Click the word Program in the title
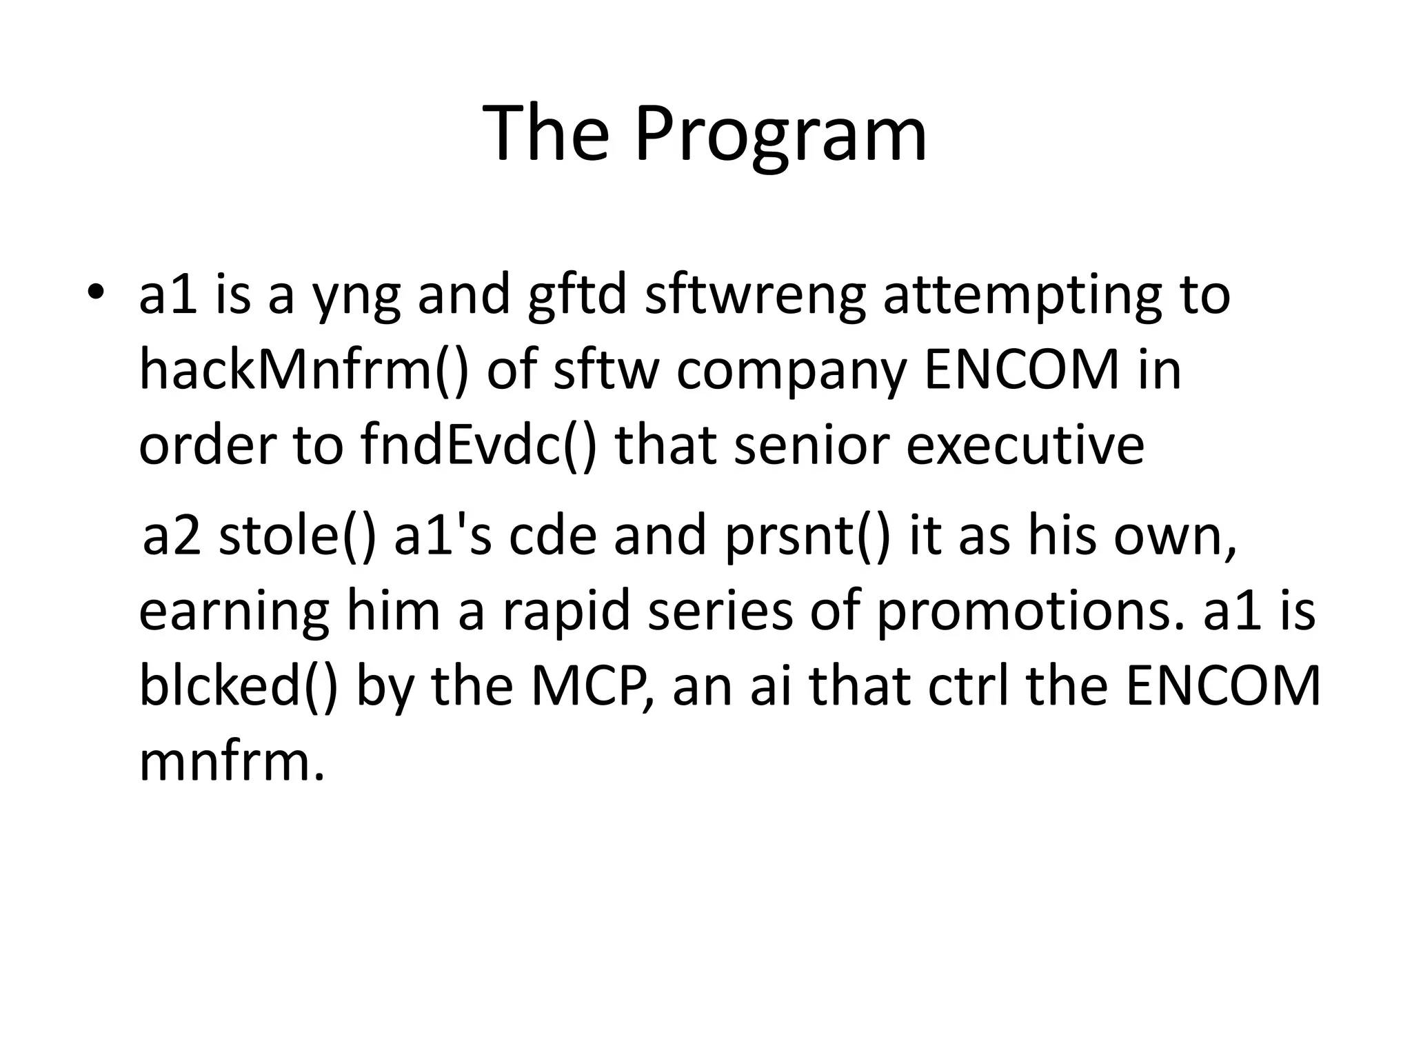(780, 135)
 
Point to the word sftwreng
(754, 296)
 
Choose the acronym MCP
(591, 687)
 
